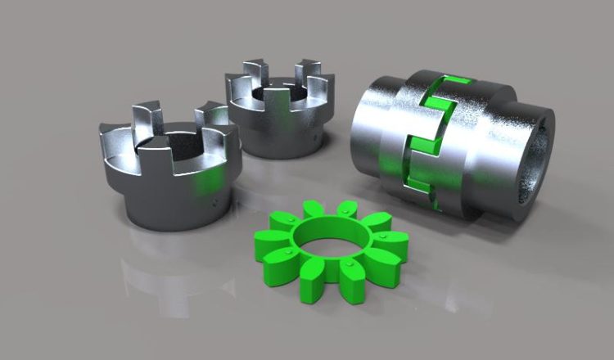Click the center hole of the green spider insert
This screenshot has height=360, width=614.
coord(331,244)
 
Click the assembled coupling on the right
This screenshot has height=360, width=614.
coord(450,143)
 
